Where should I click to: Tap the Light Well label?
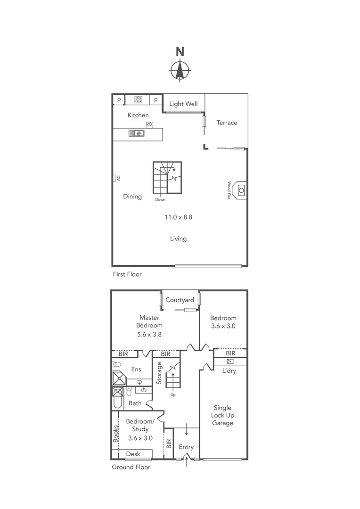183,104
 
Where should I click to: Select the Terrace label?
227,123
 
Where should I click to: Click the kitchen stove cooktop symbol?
138,100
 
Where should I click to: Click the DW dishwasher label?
149,123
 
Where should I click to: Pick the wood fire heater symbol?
241,190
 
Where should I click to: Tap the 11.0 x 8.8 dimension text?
178,217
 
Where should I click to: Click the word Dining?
132,197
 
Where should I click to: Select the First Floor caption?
127,274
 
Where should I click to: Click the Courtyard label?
180,300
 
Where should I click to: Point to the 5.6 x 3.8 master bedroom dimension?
149,335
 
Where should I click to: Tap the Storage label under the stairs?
159,373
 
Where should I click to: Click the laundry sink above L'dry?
230,361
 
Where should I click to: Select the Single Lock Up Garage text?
223,415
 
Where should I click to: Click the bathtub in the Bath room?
118,400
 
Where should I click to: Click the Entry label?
186,447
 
